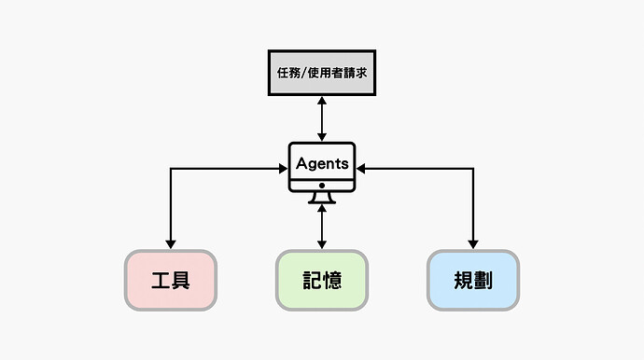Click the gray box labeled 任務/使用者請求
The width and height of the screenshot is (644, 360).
(x=322, y=73)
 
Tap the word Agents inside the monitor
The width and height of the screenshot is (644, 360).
(x=322, y=163)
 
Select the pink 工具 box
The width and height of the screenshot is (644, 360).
(x=171, y=280)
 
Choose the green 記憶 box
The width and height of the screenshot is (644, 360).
(x=322, y=280)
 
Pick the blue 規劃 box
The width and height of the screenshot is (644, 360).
(x=473, y=280)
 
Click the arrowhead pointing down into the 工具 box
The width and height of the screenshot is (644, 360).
(x=171, y=244)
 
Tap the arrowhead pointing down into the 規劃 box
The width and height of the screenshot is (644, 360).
(x=473, y=244)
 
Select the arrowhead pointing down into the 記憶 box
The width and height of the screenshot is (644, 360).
(x=322, y=244)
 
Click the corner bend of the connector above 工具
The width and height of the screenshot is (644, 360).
(x=171, y=169)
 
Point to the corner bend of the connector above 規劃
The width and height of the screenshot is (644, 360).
(x=473, y=169)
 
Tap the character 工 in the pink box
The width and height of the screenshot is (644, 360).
(x=160, y=280)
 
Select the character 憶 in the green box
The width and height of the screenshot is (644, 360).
(x=333, y=280)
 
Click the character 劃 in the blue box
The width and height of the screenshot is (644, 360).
(x=484, y=280)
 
